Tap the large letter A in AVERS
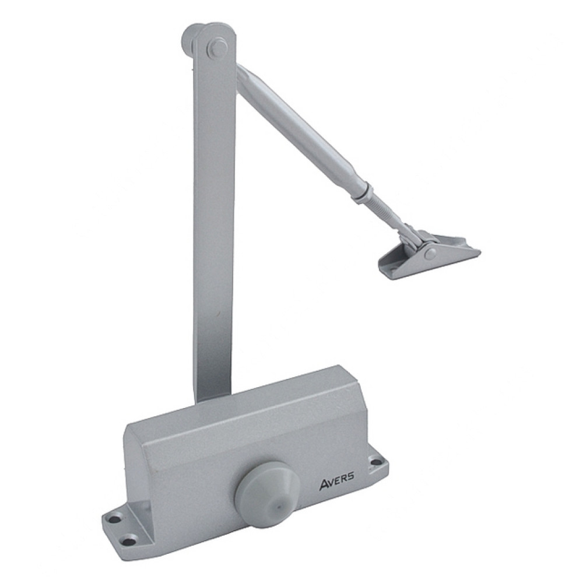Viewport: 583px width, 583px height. click(x=323, y=487)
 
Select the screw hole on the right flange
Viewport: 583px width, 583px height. click(x=375, y=463)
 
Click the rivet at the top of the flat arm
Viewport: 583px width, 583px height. click(x=215, y=47)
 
